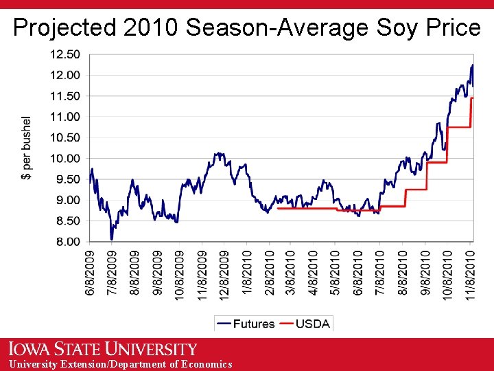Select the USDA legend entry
pyautogui.click(x=305, y=324)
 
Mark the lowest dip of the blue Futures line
pyautogui.click(x=112, y=238)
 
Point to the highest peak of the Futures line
pyautogui.click(x=472, y=65)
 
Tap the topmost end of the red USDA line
pyautogui.click(x=472, y=98)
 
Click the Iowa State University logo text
pyautogui.click(x=103, y=349)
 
